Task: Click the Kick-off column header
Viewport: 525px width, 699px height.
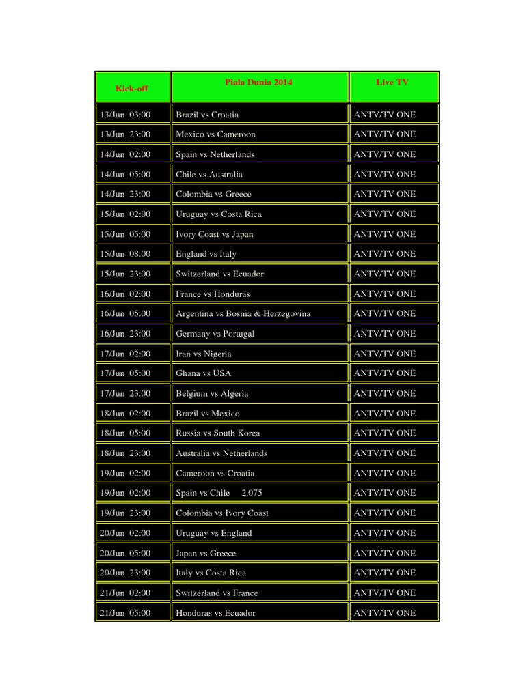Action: click(x=132, y=89)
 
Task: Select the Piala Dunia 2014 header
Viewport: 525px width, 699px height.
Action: click(x=258, y=83)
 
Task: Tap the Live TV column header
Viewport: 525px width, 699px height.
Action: click(x=392, y=83)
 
